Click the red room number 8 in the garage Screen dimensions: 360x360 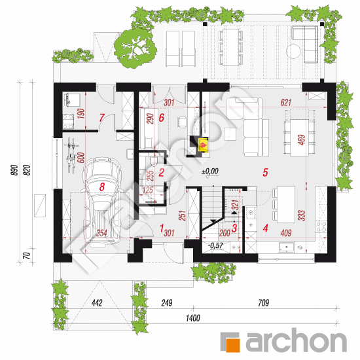pyautogui.click(x=102, y=187)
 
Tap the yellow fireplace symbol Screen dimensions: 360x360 pyautogui.click(x=203, y=145)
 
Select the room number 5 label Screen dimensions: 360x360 pyautogui.click(x=265, y=172)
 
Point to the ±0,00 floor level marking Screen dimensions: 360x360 pyautogui.click(x=210, y=171)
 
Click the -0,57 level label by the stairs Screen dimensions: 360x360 pyautogui.click(x=215, y=245)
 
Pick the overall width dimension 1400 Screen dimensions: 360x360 pyautogui.click(x=193, y=318)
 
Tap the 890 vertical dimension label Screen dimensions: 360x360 pyautogui.click(x=14, y=170)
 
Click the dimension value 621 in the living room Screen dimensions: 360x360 pyautogui.click(x=285, y=102)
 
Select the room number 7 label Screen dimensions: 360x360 pyautogui.click(x=101, y=118)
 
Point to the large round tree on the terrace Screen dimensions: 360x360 pyautogui.click(x=135, y=48)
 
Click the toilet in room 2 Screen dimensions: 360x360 pyautogui.click(x=153, y=160)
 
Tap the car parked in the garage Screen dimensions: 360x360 pyautogui.click(x=102, y=200)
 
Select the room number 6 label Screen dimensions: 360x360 pyautogui.click(x=162, y=118)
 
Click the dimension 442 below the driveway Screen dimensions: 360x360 pyautogui.click(x=97, y=303)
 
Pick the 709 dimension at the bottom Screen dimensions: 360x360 pyautogui.click(x=263, y=303)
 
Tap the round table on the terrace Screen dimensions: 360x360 pyautogui.click(x=293, y=51)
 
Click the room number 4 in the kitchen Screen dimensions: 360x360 pyautogui.click(x=265, y=228)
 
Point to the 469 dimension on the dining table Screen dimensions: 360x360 pyautogui.click(x=302, y=140)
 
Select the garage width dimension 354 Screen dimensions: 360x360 pyautogui.click(x=101, y=233)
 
